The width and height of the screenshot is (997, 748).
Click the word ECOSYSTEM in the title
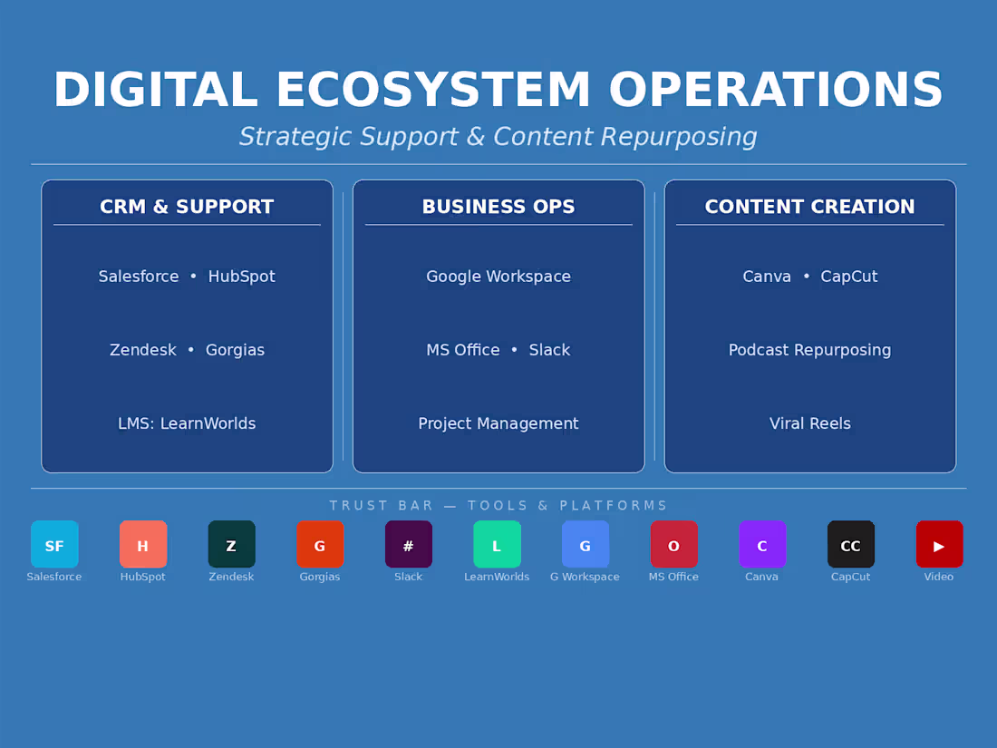coord(433,89)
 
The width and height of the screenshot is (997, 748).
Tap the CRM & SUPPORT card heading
coord(187,207)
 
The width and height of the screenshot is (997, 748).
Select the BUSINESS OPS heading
coord(498,207)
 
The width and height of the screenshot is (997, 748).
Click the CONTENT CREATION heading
coord(810,207)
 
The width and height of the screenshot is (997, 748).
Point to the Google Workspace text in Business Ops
coord(498,277)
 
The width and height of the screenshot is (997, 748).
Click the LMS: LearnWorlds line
coord(187,423)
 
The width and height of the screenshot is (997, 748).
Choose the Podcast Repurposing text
coord(810,351)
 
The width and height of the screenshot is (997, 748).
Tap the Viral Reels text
coord(810,423)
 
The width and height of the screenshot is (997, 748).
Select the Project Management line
coord(498,423)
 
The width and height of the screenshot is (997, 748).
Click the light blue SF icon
coord(54,545)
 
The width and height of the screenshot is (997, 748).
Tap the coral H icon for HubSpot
coord(143,545)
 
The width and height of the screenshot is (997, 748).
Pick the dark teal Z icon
coord(231,545)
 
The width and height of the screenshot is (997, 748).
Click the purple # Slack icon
coord(409,545)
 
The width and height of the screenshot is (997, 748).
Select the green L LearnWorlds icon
coord(498,545)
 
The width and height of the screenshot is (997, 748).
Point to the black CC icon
coord(851,545)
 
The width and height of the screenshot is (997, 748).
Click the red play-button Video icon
coord(939,545)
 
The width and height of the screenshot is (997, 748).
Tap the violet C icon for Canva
coord(762,545)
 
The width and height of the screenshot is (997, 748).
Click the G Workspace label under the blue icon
coord(585,577)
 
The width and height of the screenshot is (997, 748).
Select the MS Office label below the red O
coord(673,577)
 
